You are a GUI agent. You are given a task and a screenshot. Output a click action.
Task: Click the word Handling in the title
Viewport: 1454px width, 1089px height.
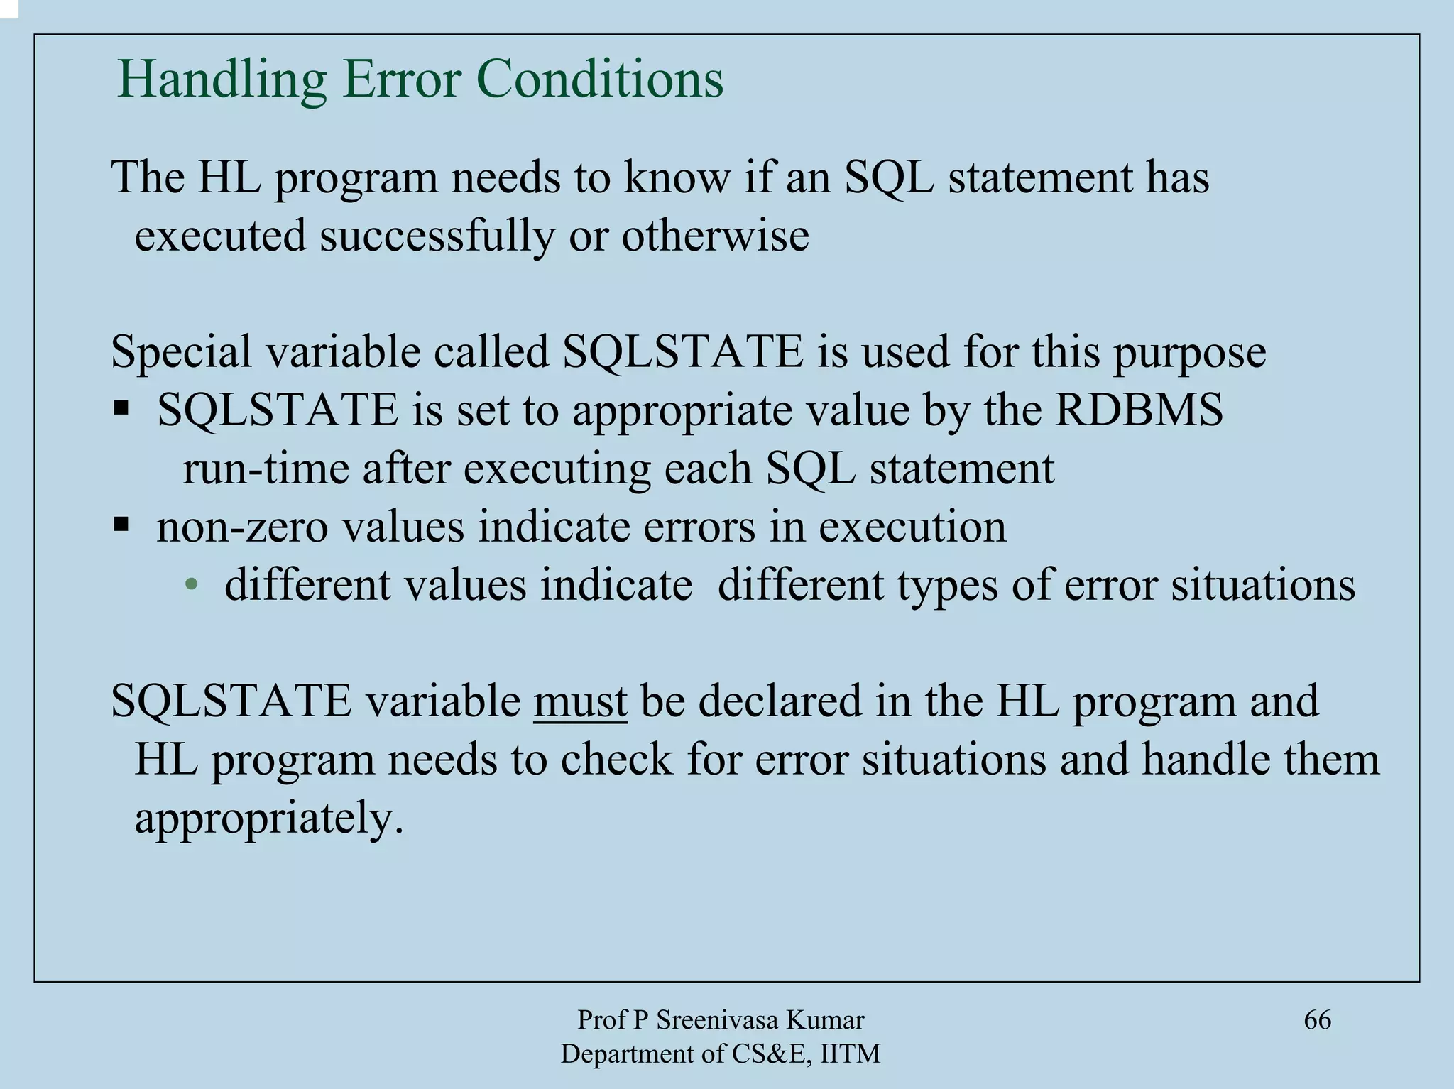tap(221, 80)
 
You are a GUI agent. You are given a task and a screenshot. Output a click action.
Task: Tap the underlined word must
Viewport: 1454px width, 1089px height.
tap(580, 701)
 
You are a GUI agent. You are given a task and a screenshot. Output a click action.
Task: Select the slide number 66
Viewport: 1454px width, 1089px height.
tap(1317, 1020)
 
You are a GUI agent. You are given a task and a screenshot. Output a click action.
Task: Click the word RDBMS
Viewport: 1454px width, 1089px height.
tap(1139, 410)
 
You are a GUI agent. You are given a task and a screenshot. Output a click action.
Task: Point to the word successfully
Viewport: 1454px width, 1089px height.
tap(437, 236)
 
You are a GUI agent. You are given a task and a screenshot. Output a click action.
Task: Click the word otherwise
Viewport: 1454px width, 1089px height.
tap(715, 236)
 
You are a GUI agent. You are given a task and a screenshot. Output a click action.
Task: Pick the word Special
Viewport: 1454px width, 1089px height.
tap(181, 352)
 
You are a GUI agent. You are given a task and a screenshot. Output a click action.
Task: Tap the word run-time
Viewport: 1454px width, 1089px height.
tap(266, 469)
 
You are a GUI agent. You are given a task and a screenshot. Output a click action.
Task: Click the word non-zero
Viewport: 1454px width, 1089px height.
tap(242, 527)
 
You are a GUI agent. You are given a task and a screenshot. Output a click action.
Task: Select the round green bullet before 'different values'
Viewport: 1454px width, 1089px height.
tap(190, 586)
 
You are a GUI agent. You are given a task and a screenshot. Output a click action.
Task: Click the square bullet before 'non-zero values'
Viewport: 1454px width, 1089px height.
tap(121, 525)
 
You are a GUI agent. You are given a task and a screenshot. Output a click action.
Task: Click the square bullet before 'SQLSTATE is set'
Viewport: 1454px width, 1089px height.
tap(121, 408)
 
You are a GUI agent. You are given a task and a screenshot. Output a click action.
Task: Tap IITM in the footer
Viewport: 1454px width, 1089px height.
tap(850, 1054)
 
